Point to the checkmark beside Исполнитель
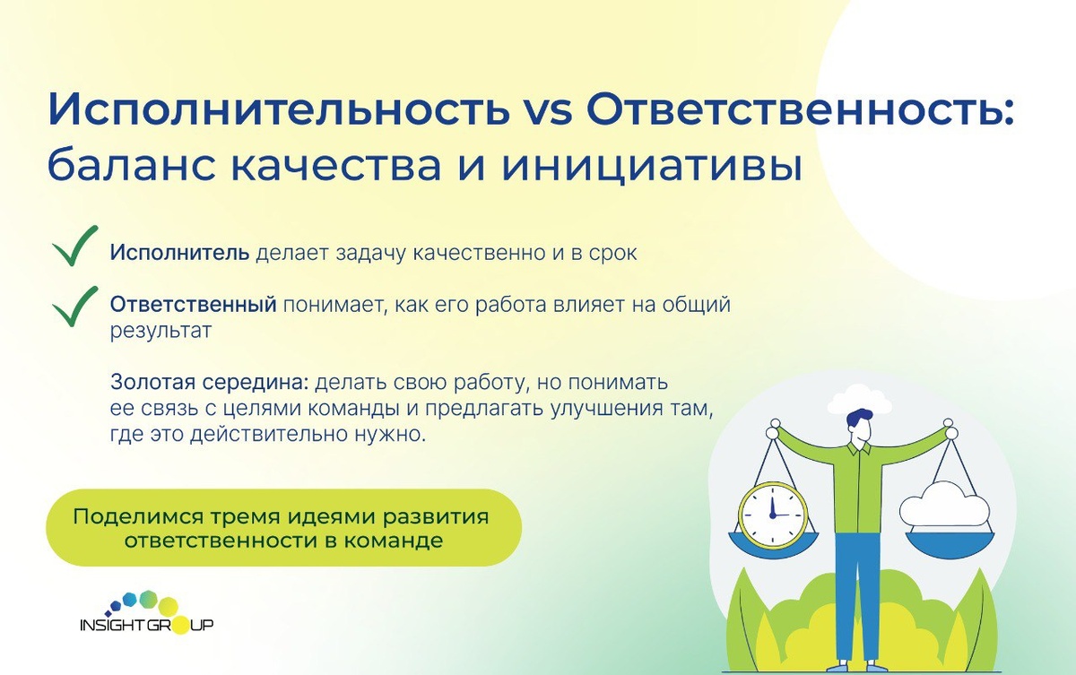pos(75,246)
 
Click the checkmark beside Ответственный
pos(75,307)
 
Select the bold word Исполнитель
pos(179,253)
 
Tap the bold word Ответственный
pos(193,305)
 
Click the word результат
pos(161,332)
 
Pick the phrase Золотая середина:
pos(210,382)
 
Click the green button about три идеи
pos(284,528)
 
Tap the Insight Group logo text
pos(146,625)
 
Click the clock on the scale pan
pos(772,515)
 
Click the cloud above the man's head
pos(860,399)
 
